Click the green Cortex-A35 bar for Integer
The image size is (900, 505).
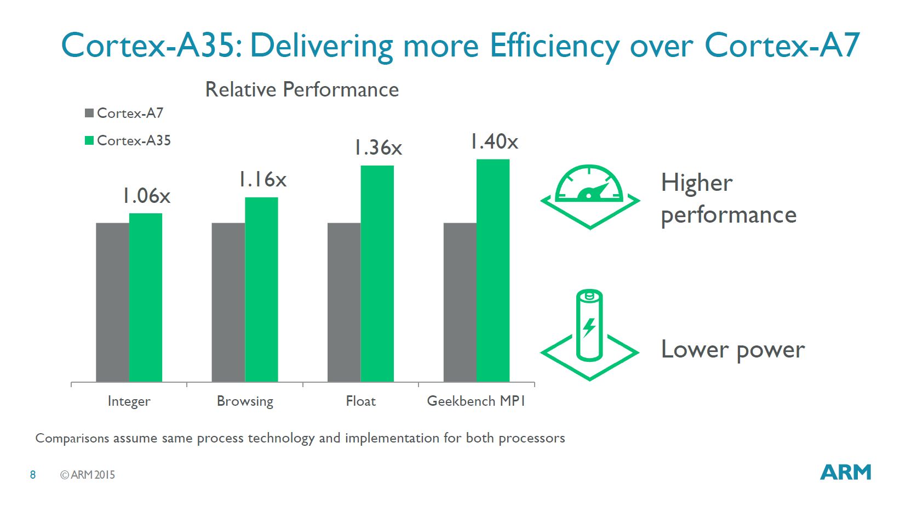pyautogui.click(x=146, y=297)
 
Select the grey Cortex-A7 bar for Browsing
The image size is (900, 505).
pyautogui.click(x=228, y=302)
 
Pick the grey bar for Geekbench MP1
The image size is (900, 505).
pyautogui.click(x=460, y=302)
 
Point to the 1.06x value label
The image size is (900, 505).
pyautogui.click(x=146, y=196)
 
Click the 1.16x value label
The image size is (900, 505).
pyautogui.click(x=262, y=179)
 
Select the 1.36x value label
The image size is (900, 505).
pyautogui.click(x=378, y=147)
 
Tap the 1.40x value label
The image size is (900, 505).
pyautogui.click(x=494, y=141)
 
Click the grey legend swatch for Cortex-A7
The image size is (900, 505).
pyautogui.click(x=89, y=113)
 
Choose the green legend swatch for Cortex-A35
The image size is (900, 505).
pyautogui.click(x=89, y=140)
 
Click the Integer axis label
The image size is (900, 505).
pyautogui.click(x=129, y=401)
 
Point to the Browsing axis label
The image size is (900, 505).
pyautogui.click(x=245, y=401)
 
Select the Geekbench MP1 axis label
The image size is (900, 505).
pyautogui.click(x=476, y=401)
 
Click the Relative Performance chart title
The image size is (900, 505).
pyautogui.click(x=302, y=89)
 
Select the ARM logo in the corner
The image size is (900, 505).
pyautogui.click(x=845, y=473)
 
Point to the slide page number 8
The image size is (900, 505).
pyautogui.click(x=33, y=475)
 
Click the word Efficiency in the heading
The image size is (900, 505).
pyautogui.click(x=554, y=46)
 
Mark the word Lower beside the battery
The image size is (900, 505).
pyautogui.click(x=695, y=349)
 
